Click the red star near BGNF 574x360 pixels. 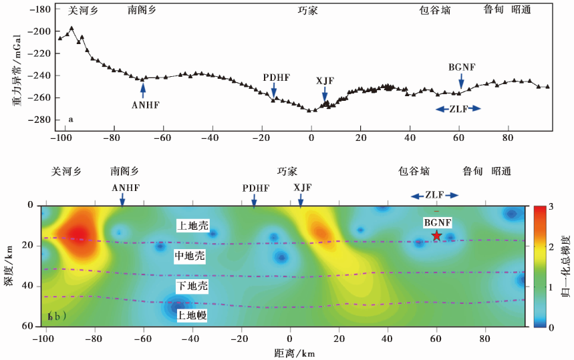[x=436, y=235]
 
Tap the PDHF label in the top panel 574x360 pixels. [x=276, y=77]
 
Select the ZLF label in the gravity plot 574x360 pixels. [x=458, y=108]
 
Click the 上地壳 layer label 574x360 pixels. [x=192, y=225]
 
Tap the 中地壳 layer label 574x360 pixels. [x=192, y=255]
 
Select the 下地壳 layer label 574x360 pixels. [x=192, y=286]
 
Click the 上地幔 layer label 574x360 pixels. [x=192, y=316]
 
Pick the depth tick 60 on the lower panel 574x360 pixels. [x=29, y=326]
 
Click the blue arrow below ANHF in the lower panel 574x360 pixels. [x=122, y=200]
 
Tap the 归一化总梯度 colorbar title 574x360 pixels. [x=566, y=266]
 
